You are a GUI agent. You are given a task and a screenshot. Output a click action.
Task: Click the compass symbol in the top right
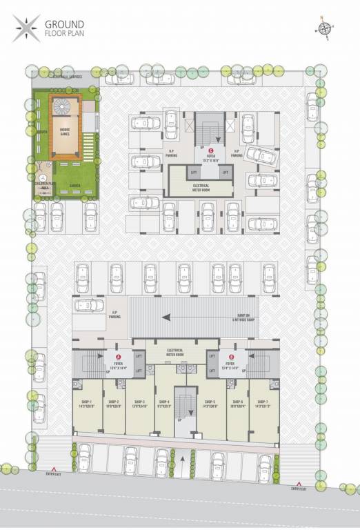tap(323, 28)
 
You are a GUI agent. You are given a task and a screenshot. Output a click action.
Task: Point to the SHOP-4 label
tap(165, 404)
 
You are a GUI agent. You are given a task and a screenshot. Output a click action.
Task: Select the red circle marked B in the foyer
tap(230, 357)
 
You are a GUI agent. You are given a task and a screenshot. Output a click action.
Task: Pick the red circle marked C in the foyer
tap(211, 150)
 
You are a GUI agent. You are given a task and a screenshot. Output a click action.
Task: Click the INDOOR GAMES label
tap(64, 133)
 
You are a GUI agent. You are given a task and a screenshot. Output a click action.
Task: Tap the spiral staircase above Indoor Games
tap(63, 107)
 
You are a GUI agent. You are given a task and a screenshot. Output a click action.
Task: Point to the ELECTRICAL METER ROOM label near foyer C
tap(196, 186)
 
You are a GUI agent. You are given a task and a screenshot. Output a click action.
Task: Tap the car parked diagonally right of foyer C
tap(263, 158)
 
